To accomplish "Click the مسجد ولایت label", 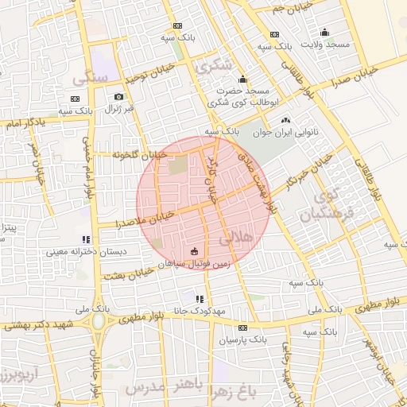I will [x=324, y=45].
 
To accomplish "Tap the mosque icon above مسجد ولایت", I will [x=324, y=33].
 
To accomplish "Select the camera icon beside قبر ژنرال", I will [x=118, y=96].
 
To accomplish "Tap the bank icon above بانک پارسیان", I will [x=242, y=328].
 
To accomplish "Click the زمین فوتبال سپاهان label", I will [x=195, y=266].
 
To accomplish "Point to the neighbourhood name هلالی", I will [x=239, y=236].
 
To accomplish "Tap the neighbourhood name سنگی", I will [x=89, y=80].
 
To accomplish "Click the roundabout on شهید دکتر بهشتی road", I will [x=99, y=322].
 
